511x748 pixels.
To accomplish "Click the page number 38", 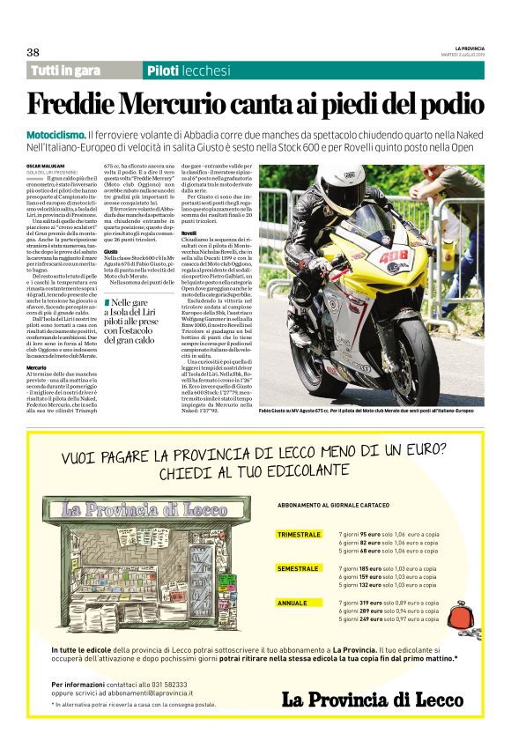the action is tap(33, 52).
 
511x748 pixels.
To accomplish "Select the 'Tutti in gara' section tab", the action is tap(65, 70).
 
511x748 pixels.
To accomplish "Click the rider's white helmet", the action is tap(340, 186).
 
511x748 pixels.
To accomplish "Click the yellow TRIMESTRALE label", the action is tap(299, 535).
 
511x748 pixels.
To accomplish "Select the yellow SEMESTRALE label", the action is tap(298, 569).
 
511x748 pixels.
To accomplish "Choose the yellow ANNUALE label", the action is tap(293, 603).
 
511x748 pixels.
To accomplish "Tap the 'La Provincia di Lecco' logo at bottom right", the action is tap(372, 699).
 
